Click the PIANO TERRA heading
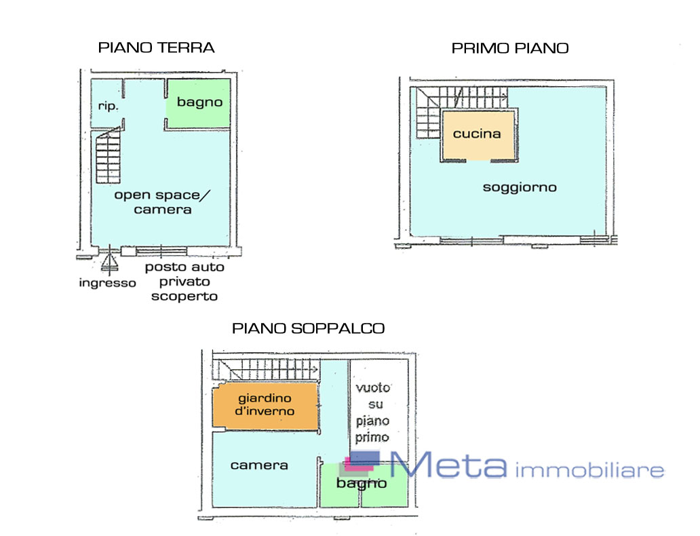[156, 47]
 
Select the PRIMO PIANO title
[510, 48]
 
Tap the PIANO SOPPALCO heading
[308, 328]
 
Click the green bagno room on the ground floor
[199, 103]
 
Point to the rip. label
[108, 107]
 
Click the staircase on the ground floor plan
[108, 156]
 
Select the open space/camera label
[162, 202]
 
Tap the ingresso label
[107, 283]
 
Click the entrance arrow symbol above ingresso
[109, 262]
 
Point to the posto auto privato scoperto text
[184, 282]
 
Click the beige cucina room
[478, 134]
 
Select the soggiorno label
[520, 187]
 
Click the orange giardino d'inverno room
[265, 406]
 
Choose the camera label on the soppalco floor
[259, 465]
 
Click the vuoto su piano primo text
[373, 413]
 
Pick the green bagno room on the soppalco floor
[364, 485]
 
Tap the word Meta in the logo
[448, 465]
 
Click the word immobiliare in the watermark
[589, 470]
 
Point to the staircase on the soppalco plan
[265, 370]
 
